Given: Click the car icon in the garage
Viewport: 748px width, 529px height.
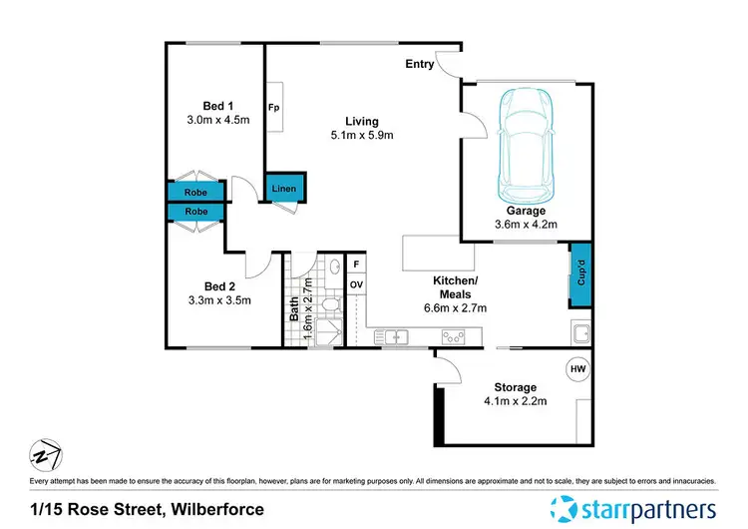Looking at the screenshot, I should [x=525, y=145].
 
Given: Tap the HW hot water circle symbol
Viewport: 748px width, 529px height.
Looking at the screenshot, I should [x=577, y=368].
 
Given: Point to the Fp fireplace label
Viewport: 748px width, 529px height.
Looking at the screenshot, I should [x=272, y=106].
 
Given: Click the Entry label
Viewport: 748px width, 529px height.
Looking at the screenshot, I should [x=419, y=65].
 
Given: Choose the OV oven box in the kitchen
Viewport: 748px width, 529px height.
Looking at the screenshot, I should [x=355, y=284].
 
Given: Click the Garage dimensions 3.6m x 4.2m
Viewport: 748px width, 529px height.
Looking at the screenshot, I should [x=526, y=226].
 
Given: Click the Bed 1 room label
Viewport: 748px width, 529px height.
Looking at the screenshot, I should [x=218, y=106].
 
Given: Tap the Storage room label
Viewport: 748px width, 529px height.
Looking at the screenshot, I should [x=515, y=387].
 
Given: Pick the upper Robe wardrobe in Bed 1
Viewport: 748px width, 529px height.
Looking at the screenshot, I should [x=195, y=193].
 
